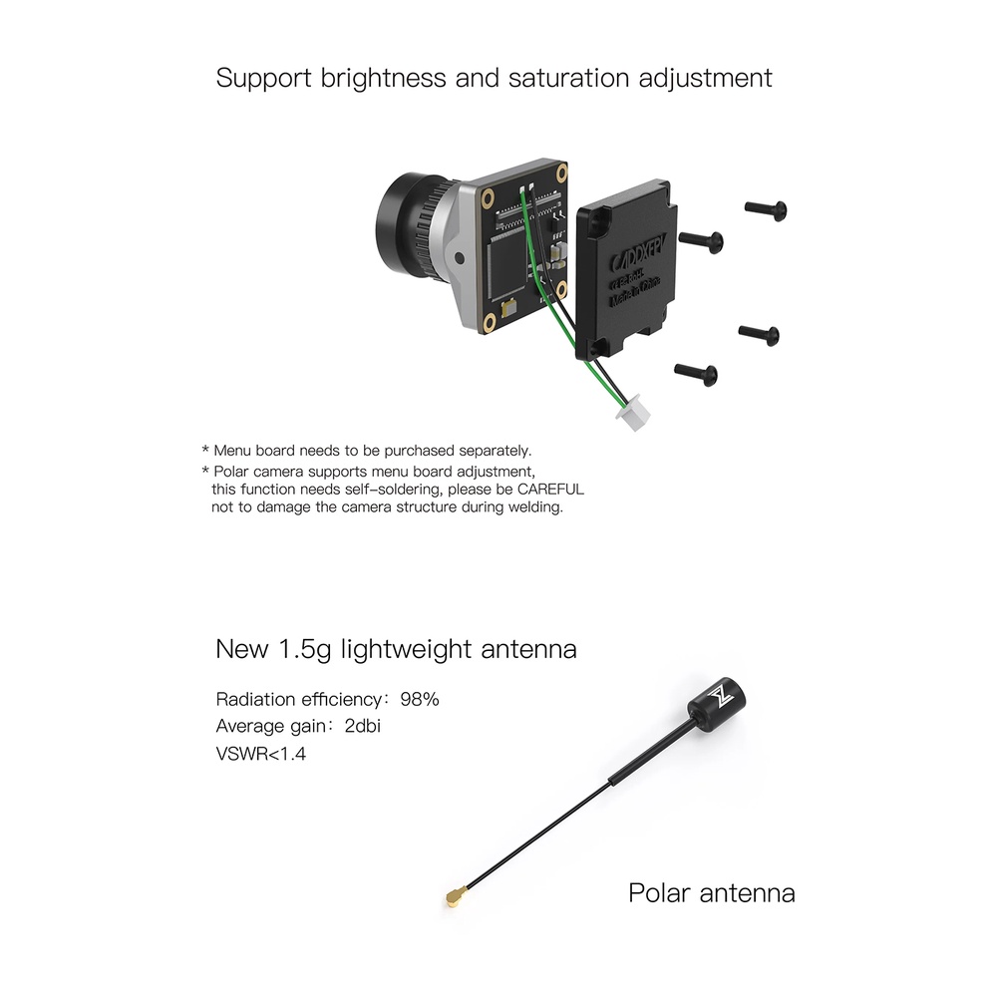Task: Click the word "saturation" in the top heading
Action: (569, 78)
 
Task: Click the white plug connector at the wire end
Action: (633, 413)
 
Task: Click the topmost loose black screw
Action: (766, 209)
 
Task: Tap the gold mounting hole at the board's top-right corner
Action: (561, 172)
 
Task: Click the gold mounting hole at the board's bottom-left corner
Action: (489, 322)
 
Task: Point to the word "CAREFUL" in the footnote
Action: (550, 489)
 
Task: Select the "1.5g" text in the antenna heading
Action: (305, 650)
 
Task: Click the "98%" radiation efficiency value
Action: (420, 700)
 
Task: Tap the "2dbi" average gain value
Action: (363, 726)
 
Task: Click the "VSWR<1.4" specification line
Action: (260, 754)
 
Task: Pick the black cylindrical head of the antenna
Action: (717, 704)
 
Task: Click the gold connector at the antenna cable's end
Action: (455, 897)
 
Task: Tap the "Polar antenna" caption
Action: (712, 893)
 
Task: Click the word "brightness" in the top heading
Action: (384, 78)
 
